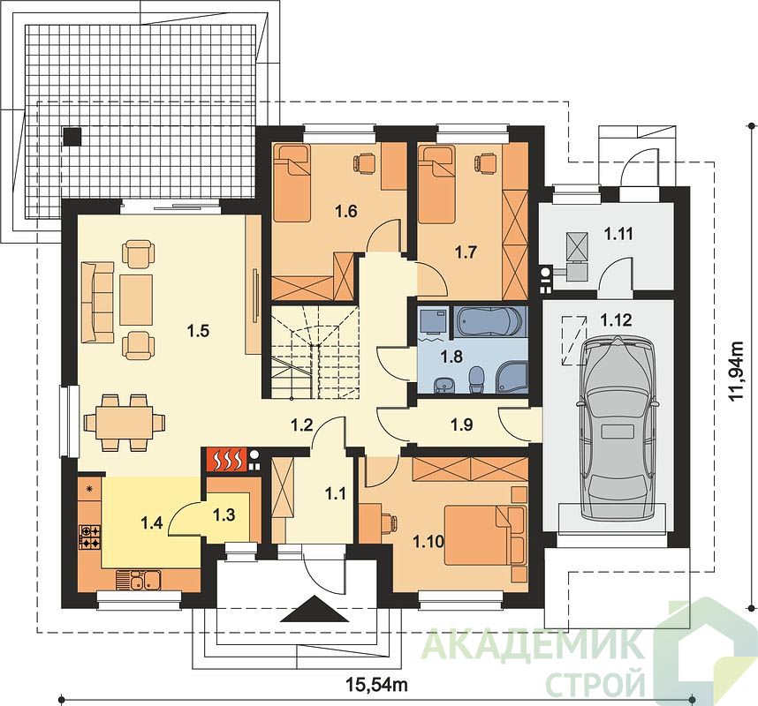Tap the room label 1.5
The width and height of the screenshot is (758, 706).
[198, 331]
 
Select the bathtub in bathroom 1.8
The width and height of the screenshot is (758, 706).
[489, 320]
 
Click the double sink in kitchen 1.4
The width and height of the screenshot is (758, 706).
[139, 580]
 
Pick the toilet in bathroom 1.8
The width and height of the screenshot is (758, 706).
[476, 379]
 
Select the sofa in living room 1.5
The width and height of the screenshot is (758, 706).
[98, 302]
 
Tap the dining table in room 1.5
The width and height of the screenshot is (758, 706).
[125, 423]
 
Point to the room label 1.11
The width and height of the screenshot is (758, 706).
[618, 234]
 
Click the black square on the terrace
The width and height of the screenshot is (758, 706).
[72, 136]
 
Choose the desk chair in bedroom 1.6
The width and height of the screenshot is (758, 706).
[364, 162]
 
